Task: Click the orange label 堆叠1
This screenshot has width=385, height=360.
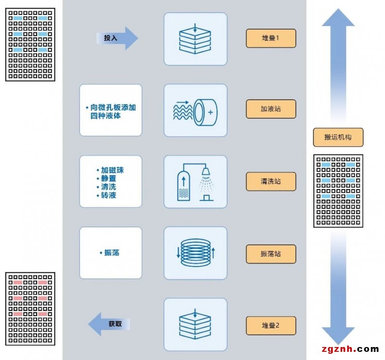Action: tap(270, 39)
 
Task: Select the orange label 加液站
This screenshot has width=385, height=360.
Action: tap(270, 109)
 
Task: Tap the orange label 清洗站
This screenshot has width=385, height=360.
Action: tap(270, 181)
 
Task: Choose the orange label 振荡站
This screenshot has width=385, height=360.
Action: tap(270, 254)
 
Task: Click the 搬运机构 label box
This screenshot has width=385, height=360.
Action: tap(338, 137)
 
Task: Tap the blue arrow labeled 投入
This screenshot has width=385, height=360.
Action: tap(117, 38)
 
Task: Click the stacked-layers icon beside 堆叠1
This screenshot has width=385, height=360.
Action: tap(195, 39)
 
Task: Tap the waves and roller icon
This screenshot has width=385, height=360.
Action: tap(195, 110)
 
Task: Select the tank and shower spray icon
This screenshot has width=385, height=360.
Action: tap(195, 182)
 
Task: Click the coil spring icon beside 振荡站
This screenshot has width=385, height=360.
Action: tap(195, 253)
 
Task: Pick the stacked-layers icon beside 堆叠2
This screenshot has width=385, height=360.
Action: tap(195, 324)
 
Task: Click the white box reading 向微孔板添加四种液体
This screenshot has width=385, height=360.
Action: tap(111, 110)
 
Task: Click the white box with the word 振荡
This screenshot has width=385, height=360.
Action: tap(111, 253)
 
